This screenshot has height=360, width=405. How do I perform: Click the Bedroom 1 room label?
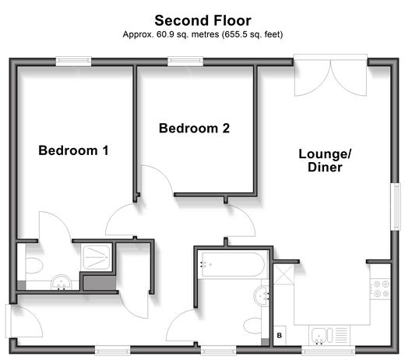[73, 150]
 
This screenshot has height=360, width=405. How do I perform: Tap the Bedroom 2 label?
[194, 129]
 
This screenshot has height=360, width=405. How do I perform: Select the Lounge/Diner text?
[325, 161]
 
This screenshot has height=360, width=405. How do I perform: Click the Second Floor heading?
[202, 20]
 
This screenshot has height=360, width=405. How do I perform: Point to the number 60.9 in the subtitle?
[165, 34]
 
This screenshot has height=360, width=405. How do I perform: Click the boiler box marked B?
[280, 335]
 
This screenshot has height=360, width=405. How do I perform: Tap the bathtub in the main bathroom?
[233, 264]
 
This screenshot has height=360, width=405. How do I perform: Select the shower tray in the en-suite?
[97, 257]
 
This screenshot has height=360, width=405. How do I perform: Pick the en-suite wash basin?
[61, 282]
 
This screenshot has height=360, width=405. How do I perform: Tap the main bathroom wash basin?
[262, 296]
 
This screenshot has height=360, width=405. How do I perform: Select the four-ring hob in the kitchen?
[381, 289]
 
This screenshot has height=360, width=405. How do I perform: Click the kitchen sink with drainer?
[329, 335]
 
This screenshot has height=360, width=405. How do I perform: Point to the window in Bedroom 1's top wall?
[74, 62]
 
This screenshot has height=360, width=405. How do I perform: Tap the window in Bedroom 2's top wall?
[185, 62]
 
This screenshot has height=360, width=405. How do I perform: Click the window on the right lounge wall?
[396, 206]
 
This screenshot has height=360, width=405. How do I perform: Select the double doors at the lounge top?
[330, 75]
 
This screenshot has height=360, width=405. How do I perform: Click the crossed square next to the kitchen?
[283, 274]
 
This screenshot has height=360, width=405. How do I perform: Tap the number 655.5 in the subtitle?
[236, 34]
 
